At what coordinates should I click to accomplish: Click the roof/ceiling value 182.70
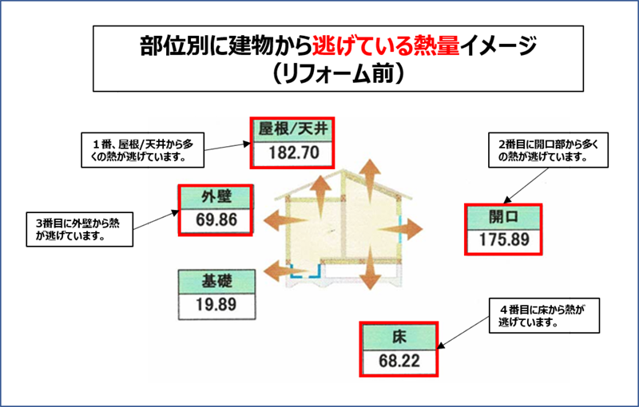294,152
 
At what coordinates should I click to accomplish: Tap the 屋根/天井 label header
293,129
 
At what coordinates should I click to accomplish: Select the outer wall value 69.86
216,219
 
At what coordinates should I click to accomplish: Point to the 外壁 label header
216,196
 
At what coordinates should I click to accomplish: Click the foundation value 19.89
216,304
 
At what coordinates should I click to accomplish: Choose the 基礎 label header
216,281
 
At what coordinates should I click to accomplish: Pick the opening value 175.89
504,239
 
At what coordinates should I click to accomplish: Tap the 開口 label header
504,216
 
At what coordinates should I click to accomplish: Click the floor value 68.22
399,361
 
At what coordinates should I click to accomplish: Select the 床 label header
399,337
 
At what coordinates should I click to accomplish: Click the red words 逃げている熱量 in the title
386,46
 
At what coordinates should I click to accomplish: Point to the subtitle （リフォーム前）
338,74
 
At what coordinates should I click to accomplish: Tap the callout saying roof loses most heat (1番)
143,150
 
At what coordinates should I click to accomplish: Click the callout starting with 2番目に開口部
548,150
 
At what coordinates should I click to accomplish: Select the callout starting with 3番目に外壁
79,229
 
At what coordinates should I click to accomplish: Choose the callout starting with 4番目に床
544,316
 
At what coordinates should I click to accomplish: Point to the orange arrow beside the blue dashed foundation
286,271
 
